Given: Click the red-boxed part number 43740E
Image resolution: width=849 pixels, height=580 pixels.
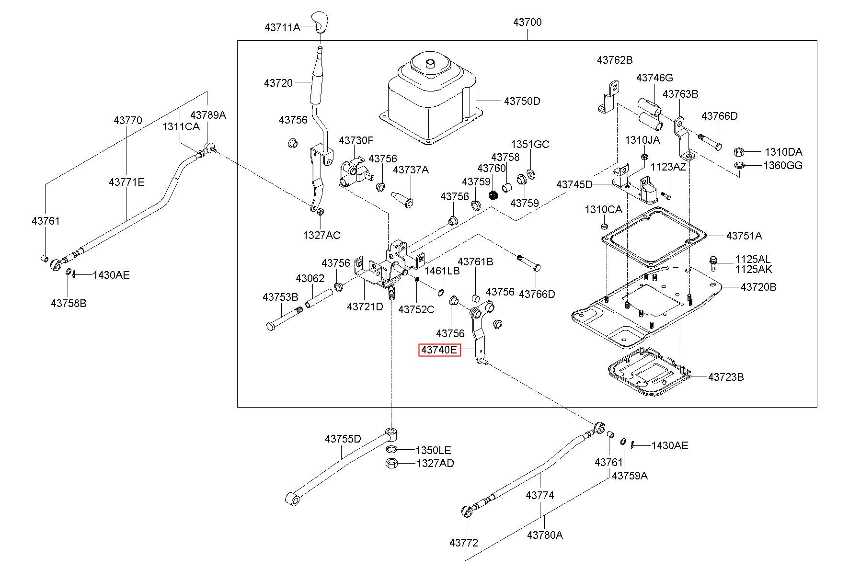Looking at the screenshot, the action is tap(439, 350).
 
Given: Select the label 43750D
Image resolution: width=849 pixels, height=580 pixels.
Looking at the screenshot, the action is tap(522, 101).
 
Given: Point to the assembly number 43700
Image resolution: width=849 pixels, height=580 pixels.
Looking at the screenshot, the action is tap(527, 22).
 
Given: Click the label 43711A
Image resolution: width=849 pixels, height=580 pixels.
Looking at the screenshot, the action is tap(282, 27).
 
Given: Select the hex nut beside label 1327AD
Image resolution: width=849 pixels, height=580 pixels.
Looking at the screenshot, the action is tap(391, 463).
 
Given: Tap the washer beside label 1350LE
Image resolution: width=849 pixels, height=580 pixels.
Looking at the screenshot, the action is tap(391, 449).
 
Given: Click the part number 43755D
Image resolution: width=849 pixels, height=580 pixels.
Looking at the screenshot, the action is tap(343, 439).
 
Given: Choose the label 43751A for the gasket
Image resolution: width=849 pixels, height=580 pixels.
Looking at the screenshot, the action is tap(744, 236).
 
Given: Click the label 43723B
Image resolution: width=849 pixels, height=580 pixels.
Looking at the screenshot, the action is tap(726, 377).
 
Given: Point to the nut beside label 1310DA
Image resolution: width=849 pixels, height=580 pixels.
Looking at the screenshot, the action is tap(738, 152).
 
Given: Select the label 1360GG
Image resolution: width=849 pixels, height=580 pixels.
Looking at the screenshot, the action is tap(783, 166).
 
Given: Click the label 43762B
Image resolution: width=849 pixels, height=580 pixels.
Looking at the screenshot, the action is tap(615, 60).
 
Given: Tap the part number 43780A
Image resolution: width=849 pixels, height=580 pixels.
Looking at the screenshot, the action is tap(545, 535).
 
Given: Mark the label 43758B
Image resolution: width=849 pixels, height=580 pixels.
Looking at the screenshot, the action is tap(69, 303).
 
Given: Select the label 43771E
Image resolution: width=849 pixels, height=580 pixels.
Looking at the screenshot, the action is tap(126, 182).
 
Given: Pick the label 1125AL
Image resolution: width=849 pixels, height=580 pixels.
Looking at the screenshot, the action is tap(753, 260).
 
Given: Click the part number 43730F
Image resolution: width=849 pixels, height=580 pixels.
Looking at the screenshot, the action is tap(356, 141).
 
